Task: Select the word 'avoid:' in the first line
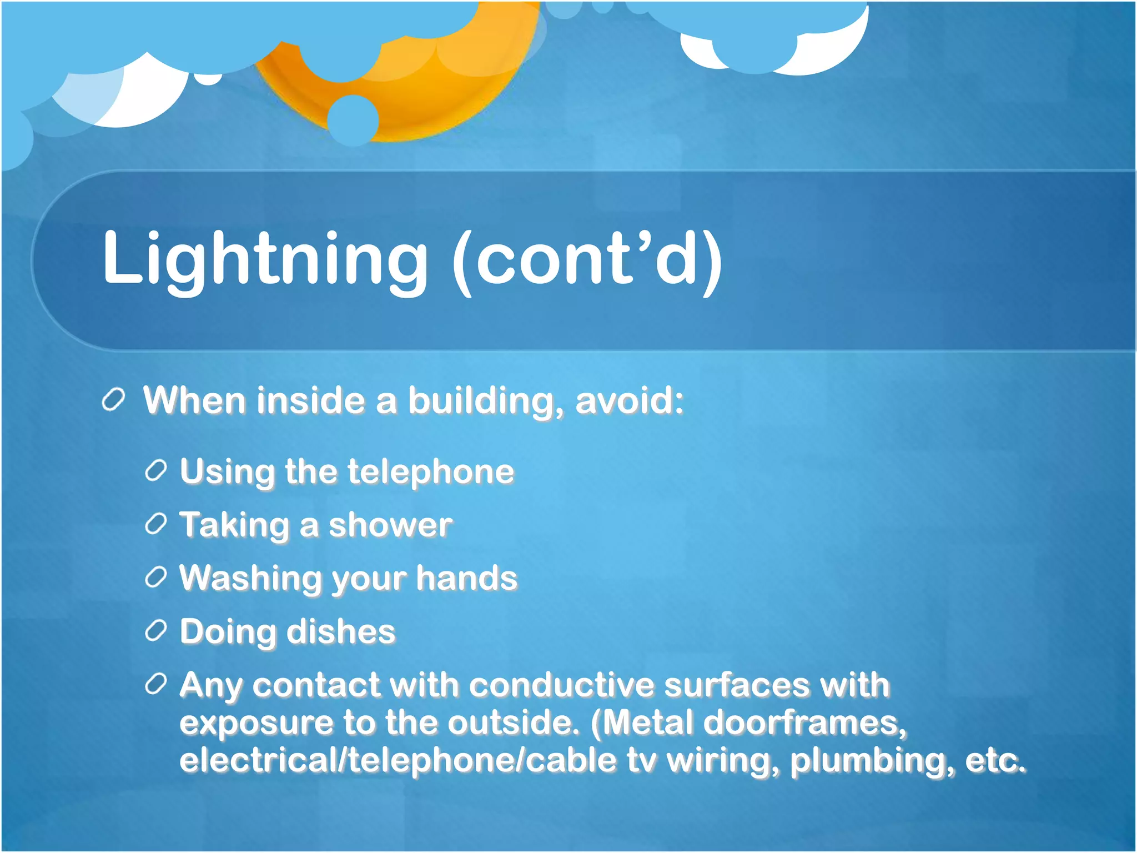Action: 629,400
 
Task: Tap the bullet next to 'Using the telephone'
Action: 156,471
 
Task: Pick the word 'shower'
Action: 390,525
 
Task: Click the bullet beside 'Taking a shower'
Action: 156,524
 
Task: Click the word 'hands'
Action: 466,578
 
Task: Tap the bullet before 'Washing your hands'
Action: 156,578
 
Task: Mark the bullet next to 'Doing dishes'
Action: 156,631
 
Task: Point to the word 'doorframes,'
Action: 804,723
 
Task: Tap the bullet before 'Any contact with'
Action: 156,684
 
